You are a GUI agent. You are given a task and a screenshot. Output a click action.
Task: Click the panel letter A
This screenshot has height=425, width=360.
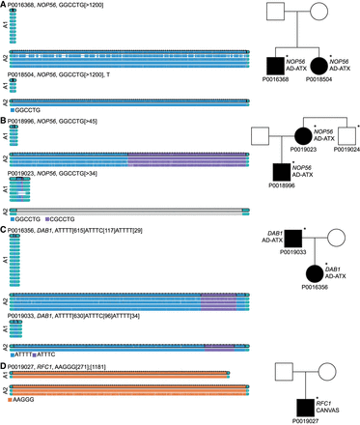pyautogui.click(x=4, y=5)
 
